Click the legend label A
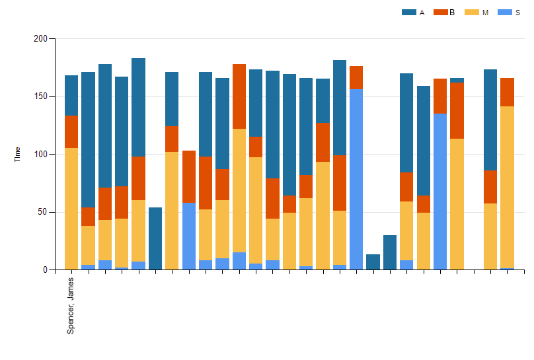[x=422, y=13]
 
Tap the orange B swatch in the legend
[x=440, y=13]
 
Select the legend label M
[x=485, y=13]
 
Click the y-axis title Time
[x=17, y=154]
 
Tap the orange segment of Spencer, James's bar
[x=71, y=132]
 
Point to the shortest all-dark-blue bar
[x=373, y=262]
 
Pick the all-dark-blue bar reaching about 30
[x=390, y=252]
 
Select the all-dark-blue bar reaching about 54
[x=155, y=238]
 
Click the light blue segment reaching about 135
[x=440, y=192]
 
